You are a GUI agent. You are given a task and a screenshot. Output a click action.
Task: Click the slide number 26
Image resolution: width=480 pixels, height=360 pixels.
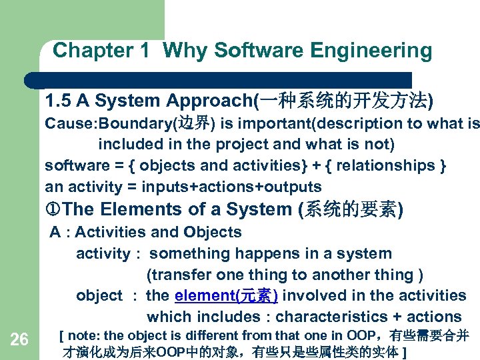[x=19, y=340]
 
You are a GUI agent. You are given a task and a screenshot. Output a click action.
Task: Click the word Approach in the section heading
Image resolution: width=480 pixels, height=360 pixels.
[x=208, y=101]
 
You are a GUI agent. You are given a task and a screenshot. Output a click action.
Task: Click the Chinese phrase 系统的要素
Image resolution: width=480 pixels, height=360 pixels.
[x=351, y=210]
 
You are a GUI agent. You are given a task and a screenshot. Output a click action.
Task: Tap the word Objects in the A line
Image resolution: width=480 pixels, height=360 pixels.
[x=215, y=233]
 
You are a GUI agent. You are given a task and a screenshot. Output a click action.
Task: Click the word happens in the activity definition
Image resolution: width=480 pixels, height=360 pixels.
[x=274, y=254]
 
